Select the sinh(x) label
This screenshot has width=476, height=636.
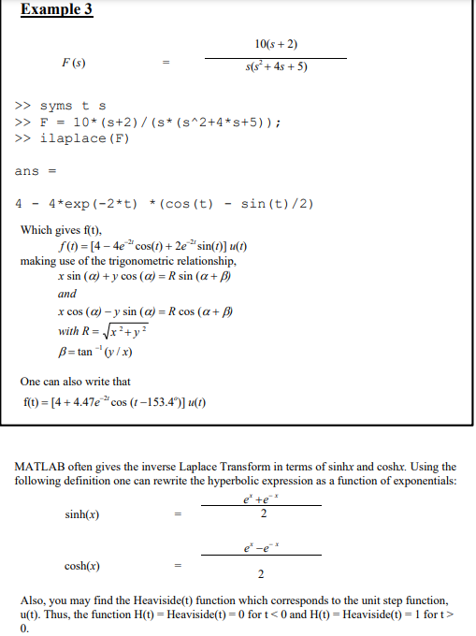(82, 513)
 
